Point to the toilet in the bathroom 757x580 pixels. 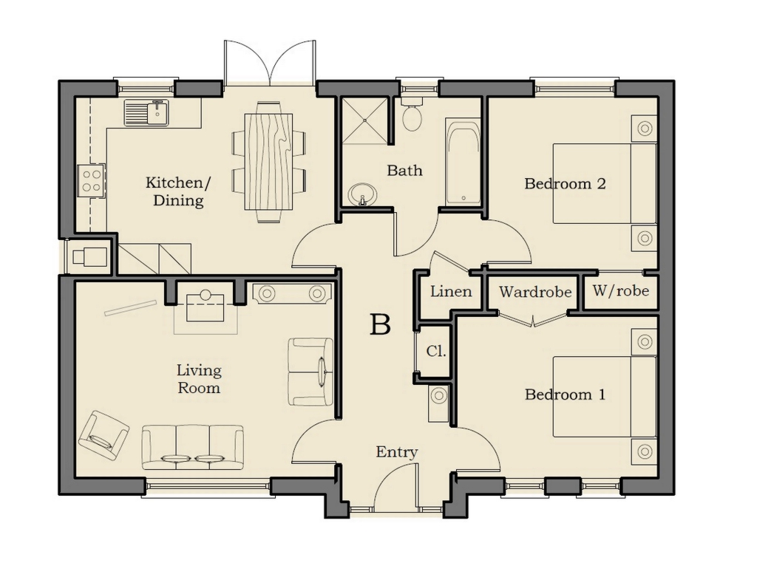[412, 114]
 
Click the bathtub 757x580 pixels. [464, 164]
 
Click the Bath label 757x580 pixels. [404, 171]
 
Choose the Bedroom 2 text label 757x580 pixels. [565, 183]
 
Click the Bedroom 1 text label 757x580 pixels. [565, 395]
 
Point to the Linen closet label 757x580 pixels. [451, 291]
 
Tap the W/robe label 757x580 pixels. [621, 291]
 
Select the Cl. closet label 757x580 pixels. [436, 352]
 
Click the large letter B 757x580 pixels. [379, 324]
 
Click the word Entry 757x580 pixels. [397, 452]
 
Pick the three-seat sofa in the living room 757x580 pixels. [193, 446]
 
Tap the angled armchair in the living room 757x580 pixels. [103, 435]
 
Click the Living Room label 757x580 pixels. [199, 379]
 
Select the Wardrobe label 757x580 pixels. [535, 292]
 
